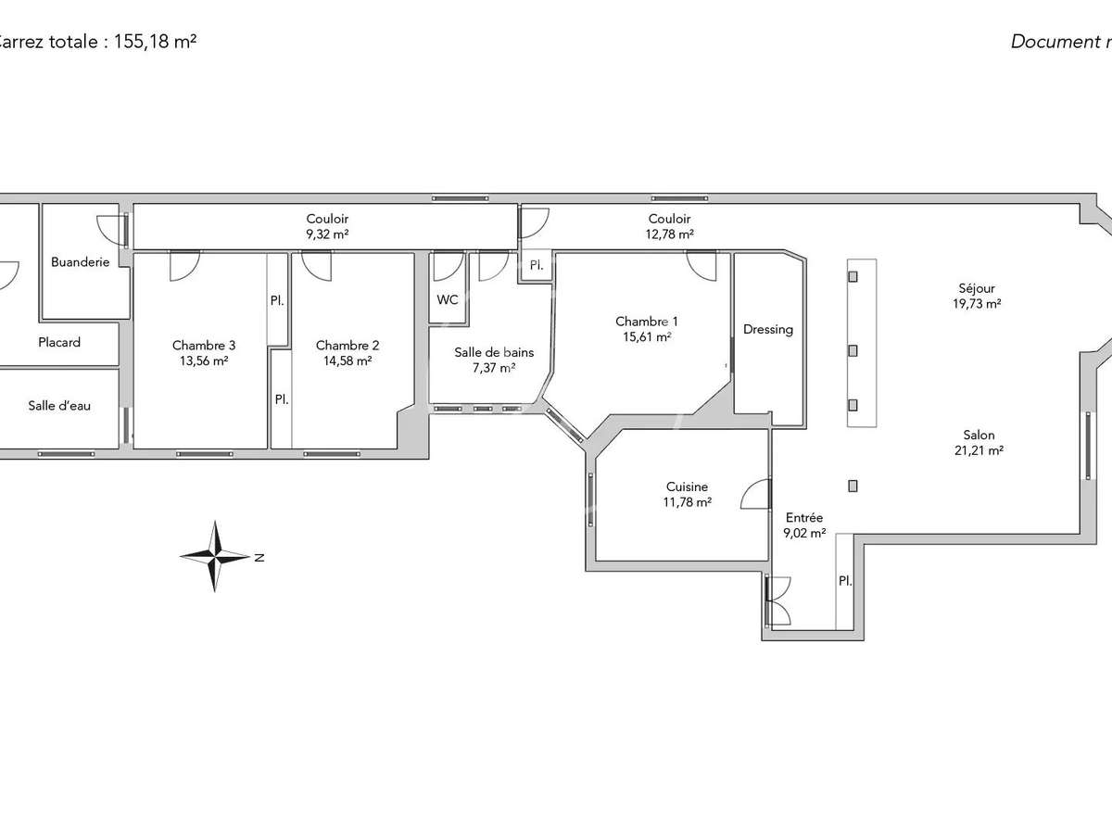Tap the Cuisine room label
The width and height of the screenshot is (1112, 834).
[687, 486]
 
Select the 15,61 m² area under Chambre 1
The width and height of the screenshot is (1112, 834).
[647, 337]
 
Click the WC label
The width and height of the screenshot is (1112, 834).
[448, 299]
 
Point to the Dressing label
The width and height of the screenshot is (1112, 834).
[768, 329]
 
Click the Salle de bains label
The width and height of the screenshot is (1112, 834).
[494, 352]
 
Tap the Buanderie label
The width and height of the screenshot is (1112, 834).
[80, 262]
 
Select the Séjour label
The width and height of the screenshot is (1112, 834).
[978, 288]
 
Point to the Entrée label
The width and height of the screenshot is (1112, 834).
[804, 518]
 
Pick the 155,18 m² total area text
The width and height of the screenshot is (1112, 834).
[155, 41]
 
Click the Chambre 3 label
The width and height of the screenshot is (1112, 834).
[204, 345]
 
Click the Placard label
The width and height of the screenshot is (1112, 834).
[59, 342]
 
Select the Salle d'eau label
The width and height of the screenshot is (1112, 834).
[59, 405]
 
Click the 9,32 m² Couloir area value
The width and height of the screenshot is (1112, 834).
[327, 234]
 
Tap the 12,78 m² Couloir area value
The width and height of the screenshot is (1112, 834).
[669, 234]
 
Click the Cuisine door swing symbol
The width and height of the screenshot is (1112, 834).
[756, 495]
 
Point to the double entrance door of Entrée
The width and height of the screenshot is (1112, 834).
[777, 600]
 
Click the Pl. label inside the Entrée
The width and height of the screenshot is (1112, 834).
[844, 581]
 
